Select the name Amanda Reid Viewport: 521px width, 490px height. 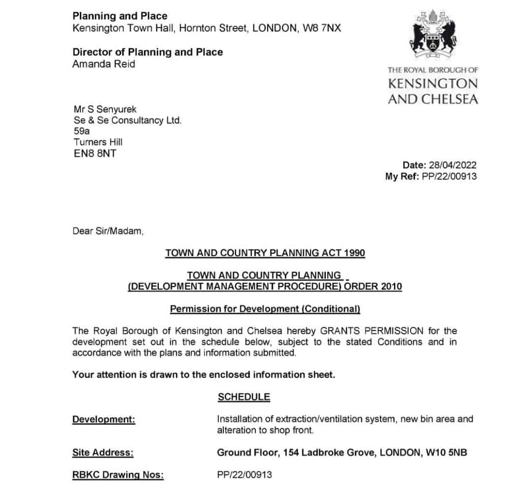[x=104, y=64]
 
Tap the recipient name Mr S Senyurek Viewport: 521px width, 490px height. [x=105, y=109]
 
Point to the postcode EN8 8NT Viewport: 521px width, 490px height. [x=95, y=154]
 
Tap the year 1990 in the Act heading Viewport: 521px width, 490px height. [x=355, y=253]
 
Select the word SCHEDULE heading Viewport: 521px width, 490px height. [x=244, y=397]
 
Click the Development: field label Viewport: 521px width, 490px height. [x=104, y=420]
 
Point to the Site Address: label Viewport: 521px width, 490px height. [x=103, y=452]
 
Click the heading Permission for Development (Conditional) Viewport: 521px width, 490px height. [x=265, y=309]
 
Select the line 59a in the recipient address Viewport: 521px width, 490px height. [x=81, y=131]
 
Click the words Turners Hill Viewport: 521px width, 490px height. [x=98, y=142]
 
